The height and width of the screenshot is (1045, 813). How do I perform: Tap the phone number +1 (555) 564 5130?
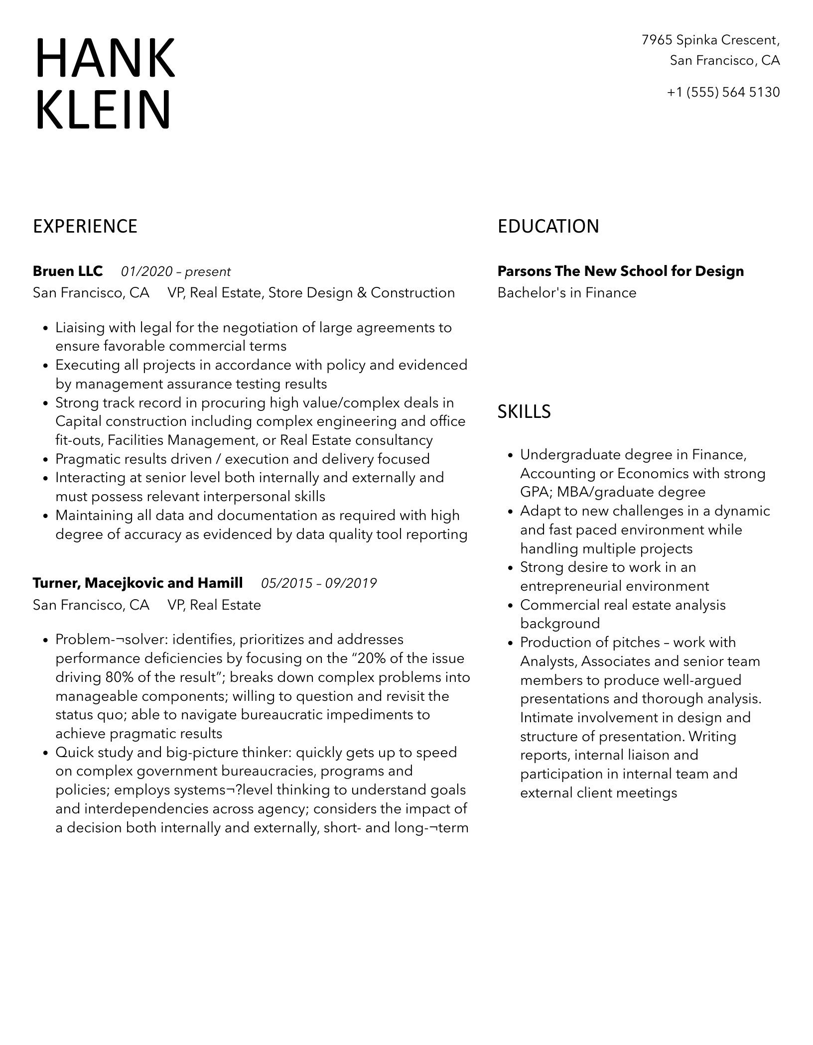pos(723,92)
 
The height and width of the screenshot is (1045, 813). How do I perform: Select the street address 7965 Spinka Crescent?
pos(710,40)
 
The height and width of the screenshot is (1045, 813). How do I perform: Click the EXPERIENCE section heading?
pos(85,226)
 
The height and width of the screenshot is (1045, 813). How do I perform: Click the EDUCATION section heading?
pos(548,226)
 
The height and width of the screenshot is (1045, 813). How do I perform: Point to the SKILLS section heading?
pos(524,411)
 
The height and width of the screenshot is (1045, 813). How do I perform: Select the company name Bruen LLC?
pos(68,271)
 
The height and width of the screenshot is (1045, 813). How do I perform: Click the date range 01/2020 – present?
pos(175,272)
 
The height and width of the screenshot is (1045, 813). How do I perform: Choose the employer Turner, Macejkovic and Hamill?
pos(137,583)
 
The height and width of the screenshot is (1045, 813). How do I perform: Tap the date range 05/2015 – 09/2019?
pos(319,583)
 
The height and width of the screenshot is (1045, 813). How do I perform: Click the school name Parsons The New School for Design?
pos(620,271)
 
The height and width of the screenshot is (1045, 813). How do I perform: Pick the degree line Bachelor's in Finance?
pos(566,293)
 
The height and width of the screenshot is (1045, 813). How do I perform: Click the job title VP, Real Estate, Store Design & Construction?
pos(311,293)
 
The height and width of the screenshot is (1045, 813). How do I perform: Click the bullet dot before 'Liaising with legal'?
pos(45,328)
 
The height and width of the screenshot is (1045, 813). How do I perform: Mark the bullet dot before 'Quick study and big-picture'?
pos(45,753)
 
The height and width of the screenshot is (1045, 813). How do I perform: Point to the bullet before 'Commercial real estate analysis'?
pos(510,606)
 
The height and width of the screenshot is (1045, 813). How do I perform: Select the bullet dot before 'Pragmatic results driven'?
pos(45,460)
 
